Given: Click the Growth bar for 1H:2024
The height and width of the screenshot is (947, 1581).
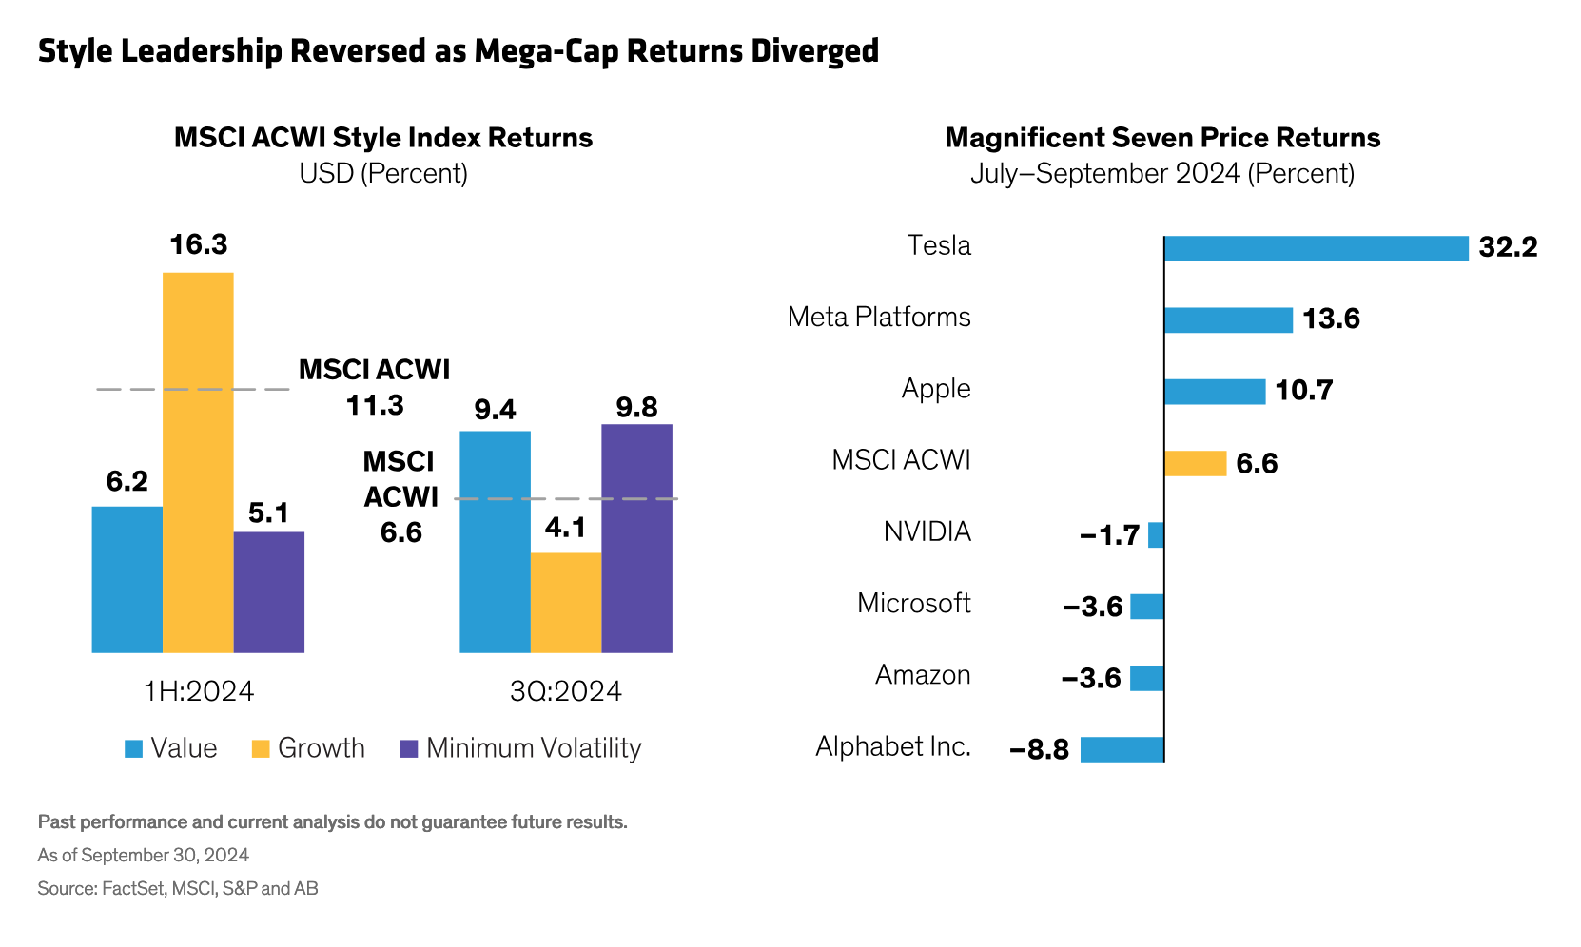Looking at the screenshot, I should (x=198, y=462).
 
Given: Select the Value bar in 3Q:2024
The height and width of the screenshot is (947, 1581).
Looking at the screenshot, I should (x=495, y=542).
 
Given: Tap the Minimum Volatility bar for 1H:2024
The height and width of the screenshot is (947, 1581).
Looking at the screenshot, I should (x=269, y=591).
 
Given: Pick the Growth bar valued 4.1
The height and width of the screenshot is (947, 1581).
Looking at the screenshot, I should (x=566, y=602).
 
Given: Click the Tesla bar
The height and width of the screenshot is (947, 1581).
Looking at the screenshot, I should (x=1316, y=249).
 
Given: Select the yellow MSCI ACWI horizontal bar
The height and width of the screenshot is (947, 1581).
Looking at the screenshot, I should (x=1196, y=463).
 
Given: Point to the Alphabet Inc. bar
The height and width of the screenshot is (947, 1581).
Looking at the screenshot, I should (x=1122, y=749).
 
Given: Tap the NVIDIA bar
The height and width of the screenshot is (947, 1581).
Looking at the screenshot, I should (x=1156, y=535).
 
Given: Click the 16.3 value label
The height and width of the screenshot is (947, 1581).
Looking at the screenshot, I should (x=199, y=245).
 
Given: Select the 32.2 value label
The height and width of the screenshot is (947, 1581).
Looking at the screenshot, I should (x=1508, y=247).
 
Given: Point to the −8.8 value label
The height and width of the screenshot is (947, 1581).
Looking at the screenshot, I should (x=1040, y=750).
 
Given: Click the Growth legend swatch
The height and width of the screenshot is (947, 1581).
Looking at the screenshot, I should (x=261, y=749).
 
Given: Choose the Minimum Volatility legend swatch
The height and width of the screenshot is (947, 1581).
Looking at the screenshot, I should (x=409, y=749).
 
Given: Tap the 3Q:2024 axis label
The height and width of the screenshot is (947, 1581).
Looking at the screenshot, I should (x=566, y=691).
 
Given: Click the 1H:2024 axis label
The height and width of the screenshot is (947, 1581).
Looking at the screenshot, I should (x=199, y=691).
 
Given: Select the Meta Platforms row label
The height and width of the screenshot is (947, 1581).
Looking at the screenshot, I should (x=879, y=317).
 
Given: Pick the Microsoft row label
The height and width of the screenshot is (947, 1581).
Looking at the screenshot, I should (x=913, y=603).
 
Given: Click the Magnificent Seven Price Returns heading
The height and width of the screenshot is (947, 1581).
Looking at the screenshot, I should (x=1162, y=138).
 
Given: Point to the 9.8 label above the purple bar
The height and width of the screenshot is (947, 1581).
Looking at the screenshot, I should (x=636, y=408).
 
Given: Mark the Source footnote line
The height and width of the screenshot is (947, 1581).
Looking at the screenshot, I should (x=178, y=889).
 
